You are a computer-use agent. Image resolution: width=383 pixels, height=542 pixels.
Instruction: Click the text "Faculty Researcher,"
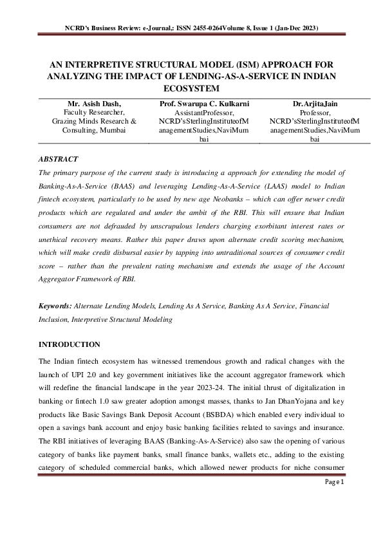tap(89, 112)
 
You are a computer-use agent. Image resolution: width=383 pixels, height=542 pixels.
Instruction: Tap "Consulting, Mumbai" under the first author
tap(89, 129)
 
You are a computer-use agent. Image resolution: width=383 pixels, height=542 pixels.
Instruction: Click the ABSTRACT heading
tap(59, 158)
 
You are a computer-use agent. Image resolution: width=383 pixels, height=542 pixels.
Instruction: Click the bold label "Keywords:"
tap(56, 306)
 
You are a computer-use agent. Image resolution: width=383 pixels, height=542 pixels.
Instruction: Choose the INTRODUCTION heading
tap(70, 345)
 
